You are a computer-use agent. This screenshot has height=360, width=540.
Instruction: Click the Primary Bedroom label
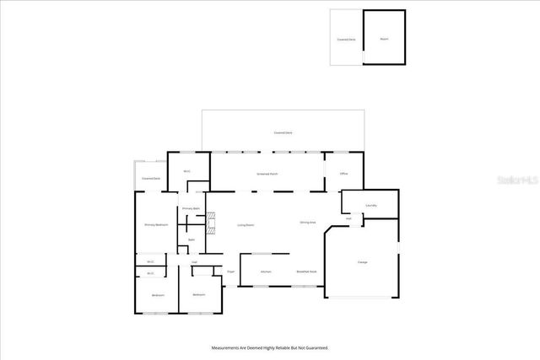point(156,225)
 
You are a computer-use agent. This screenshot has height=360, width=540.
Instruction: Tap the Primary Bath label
point(192,208)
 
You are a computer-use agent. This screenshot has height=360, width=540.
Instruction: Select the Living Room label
point(246,225)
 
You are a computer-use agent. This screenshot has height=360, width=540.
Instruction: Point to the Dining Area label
point(308,222)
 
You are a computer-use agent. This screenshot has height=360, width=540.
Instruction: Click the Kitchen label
point(266,272)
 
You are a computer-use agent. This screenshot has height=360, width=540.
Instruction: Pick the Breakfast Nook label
point(306,272)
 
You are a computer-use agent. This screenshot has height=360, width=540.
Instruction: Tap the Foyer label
point(230,272)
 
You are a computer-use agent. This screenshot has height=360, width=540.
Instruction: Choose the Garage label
point(362,262)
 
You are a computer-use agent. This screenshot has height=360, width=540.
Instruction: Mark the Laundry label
point(370,205)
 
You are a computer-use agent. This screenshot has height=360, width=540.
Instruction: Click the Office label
point(344,174)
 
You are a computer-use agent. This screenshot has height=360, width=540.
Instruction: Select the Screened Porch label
point(267,174)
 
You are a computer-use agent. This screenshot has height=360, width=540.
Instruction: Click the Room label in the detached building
point(384,39)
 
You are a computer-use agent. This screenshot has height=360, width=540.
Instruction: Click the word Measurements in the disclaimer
point(226,347)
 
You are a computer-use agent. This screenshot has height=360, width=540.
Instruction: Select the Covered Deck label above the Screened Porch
point(283,133)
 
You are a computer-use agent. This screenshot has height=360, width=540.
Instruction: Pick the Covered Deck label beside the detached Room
point(346,39)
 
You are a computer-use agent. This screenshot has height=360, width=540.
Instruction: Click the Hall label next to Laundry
point(348,218)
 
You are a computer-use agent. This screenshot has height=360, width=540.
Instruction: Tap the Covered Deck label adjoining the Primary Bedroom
point(151,179)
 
